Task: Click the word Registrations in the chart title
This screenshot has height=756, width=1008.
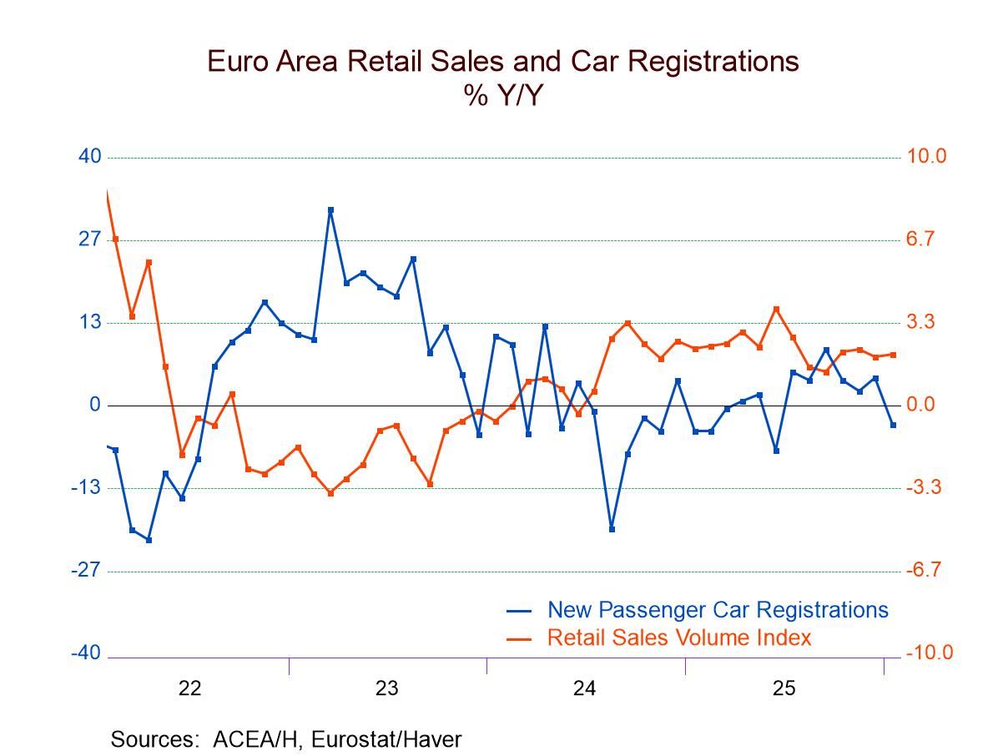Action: click(x=710, y=62)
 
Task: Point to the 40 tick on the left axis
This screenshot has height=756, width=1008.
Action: click(x=89, y=156)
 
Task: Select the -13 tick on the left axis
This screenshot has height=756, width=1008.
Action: click(x=85, y=487)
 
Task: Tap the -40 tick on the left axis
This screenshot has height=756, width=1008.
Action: click(x=85, y=653)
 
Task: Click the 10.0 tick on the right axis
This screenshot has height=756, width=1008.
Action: click(x=926, y=156)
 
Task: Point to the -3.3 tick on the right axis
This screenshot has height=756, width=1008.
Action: click(x=924, y=487)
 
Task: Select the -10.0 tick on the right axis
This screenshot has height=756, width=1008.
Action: click(x=929, y=653)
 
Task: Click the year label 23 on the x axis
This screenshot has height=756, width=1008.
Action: click(x=387, y=688)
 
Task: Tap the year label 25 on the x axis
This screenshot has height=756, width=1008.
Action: click(x=784, y=688)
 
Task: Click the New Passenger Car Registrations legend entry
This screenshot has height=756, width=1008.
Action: click(x=718, y=610)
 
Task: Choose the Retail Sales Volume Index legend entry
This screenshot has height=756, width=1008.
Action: click(x=678, y=638)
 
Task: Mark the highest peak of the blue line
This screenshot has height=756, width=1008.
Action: click(x=330, y=210)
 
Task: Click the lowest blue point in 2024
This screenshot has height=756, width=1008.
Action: click(x=612, y=529)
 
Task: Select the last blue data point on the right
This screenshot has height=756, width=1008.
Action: click(x=893, y=426)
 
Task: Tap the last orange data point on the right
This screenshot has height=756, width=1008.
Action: click(x=893, y=355)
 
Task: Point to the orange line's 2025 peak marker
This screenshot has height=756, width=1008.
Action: click(x=776, y=309)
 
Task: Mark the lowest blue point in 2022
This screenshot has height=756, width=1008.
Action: click(x=149, y=540)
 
